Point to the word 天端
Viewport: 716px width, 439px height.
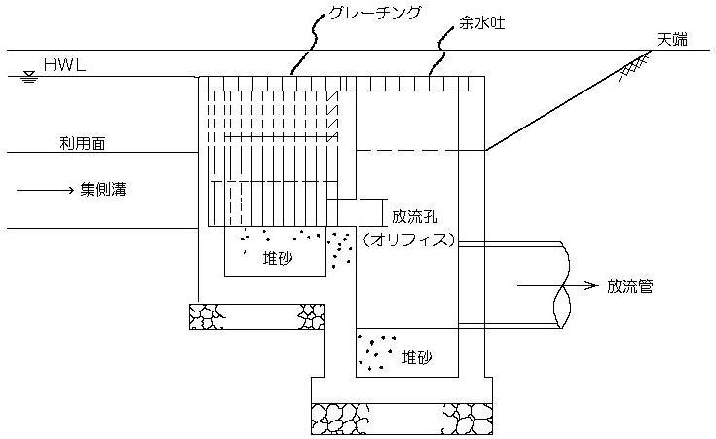click(x=671, y=39)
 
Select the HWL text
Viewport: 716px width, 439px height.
click(x=62, y=69)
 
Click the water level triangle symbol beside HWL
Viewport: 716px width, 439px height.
click(x=28, y=77)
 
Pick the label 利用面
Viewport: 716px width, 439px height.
click(x=81, y=143)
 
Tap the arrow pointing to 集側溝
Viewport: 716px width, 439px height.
click(x=44, y=191)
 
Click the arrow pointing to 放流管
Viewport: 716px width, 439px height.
click(x=555, y=286)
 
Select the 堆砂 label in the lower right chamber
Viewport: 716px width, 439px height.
click(x=417, y=358)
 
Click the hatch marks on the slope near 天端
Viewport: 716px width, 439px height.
click(x=638, y=69)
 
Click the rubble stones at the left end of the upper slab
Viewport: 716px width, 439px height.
click(x=207, y=316)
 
